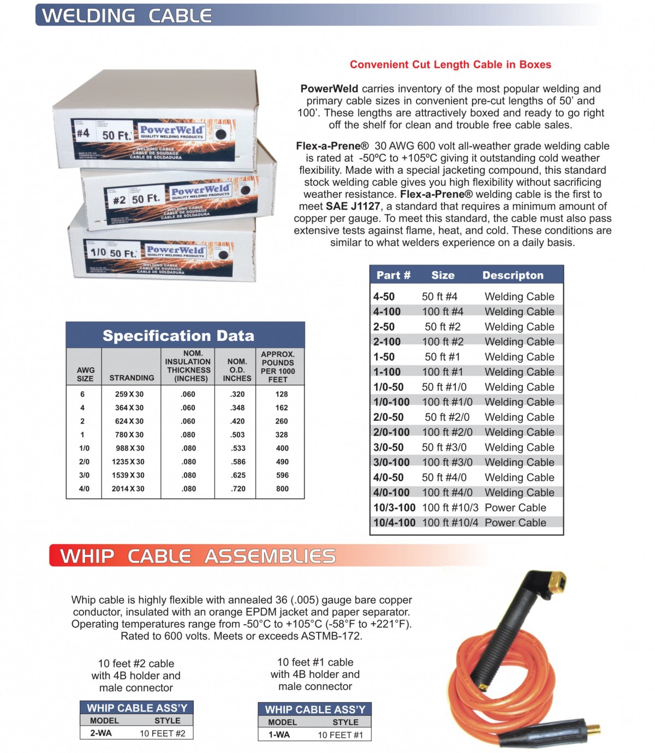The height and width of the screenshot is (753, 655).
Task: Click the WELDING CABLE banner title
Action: point(127,15)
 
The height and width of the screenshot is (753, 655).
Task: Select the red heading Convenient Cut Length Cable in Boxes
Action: point(450,64)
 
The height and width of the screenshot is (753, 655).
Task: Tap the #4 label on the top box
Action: point(83,133)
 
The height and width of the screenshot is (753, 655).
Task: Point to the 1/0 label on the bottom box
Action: point(98,252)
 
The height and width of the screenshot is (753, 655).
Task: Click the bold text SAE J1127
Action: point(353,206)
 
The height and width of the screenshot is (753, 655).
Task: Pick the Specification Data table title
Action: point(178,336)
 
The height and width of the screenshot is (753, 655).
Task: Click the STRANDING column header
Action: point(132,378)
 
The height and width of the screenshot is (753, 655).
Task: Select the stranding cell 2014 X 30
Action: point(128,489)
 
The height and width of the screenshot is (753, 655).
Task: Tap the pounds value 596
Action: point(282,475)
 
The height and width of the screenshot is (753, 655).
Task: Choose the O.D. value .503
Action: point(237,434)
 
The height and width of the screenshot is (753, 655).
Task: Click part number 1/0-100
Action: point(391,402)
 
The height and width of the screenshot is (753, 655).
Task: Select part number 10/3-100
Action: point(394,508)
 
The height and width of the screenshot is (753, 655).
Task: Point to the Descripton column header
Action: point(513,275)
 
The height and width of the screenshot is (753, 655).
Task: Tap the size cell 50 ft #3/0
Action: point(444,448)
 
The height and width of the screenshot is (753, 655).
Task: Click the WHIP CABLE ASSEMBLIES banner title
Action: point(198,556)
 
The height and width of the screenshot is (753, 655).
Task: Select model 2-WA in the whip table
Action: point(101,733)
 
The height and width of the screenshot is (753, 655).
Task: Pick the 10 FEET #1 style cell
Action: point(340,735)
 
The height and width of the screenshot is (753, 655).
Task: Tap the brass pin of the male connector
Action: point(593,729)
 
